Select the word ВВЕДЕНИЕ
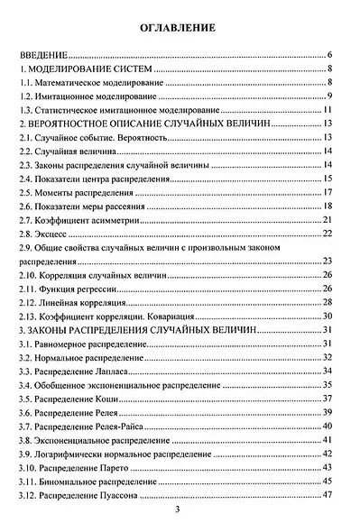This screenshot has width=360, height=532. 47,55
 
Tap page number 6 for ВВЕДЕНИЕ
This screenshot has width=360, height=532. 332,55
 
